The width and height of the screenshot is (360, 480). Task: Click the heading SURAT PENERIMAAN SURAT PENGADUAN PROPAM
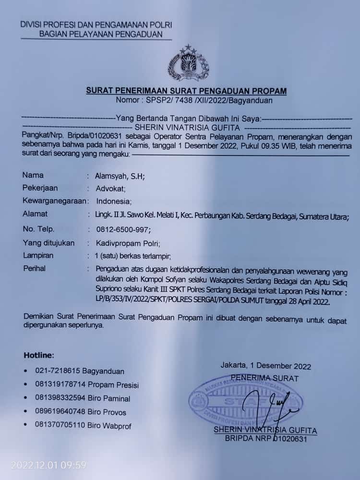(x=186, y=90)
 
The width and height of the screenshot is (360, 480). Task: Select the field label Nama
(x=33, y=176)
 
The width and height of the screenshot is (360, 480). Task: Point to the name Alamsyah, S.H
(x=120, y=176)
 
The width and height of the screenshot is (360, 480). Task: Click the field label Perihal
(x=35, y=269)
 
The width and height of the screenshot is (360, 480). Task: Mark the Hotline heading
(x=39, y=355)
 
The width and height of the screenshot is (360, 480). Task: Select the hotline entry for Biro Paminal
(x=83, y=398)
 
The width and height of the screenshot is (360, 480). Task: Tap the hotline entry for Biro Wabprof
(x=83, y=425)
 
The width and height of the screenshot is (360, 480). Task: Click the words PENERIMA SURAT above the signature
(x=264, y=378)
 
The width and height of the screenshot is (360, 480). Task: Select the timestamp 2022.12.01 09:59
(x=48, y=465)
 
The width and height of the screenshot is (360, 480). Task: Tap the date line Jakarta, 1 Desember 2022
(x=265, y=366)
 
